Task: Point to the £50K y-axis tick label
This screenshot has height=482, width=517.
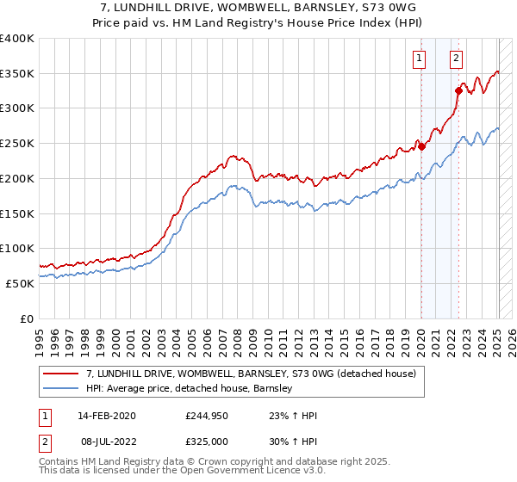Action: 20,283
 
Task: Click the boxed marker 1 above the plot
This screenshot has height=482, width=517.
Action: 420,59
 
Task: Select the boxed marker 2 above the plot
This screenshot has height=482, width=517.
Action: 456,59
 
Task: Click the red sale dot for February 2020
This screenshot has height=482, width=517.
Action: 422,146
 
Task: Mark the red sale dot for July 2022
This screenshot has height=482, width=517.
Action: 458,90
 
